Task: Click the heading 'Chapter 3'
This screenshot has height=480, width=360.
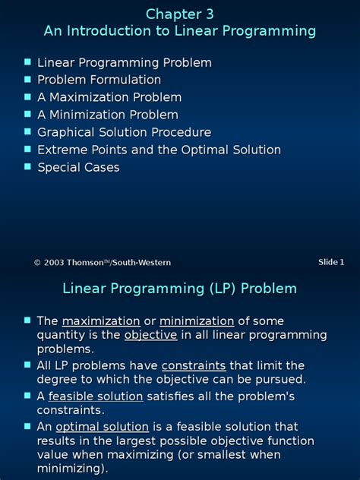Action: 180,14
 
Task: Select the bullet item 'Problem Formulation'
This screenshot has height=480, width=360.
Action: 99,80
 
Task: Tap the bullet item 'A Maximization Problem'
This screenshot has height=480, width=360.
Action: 109,97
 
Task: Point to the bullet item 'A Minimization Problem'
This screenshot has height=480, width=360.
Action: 108,115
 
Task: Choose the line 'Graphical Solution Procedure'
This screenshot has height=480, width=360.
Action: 124,132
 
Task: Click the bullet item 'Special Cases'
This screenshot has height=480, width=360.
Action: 78,167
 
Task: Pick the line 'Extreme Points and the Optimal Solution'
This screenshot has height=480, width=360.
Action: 159,150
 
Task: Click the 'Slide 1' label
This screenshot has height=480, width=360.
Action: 331,262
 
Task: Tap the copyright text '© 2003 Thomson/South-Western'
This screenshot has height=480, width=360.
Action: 102,263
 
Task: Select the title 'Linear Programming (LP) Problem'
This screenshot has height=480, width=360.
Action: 180,289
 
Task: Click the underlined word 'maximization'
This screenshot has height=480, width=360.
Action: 101,321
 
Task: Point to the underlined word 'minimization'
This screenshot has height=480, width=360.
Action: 196,321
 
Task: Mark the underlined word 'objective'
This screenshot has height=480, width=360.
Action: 150,335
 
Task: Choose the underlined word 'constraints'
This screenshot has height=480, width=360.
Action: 194,365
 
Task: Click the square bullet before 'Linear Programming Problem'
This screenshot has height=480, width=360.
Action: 28,62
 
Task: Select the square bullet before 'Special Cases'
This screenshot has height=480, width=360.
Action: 28,166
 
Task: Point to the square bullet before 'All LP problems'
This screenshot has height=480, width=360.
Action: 28,365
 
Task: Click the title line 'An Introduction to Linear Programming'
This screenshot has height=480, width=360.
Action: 180,31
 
